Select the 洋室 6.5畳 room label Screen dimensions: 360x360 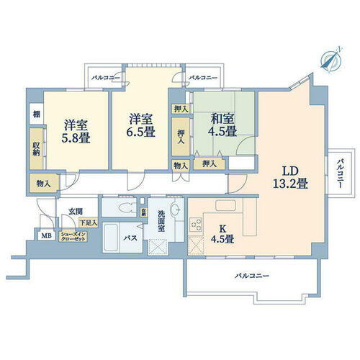pyautogui.click(x=141, y=127)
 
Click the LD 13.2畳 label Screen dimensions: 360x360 pyautogui.click(x=289, y=176)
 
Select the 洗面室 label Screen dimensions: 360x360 pyautogui.click(x=163, y=223)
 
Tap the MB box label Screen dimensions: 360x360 pyautogui.click(x=46, y=235)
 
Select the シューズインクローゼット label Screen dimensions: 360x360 pyautogui.click(x=72, y=235)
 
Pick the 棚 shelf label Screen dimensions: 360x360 pyautogui.click(x=35, y=113)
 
